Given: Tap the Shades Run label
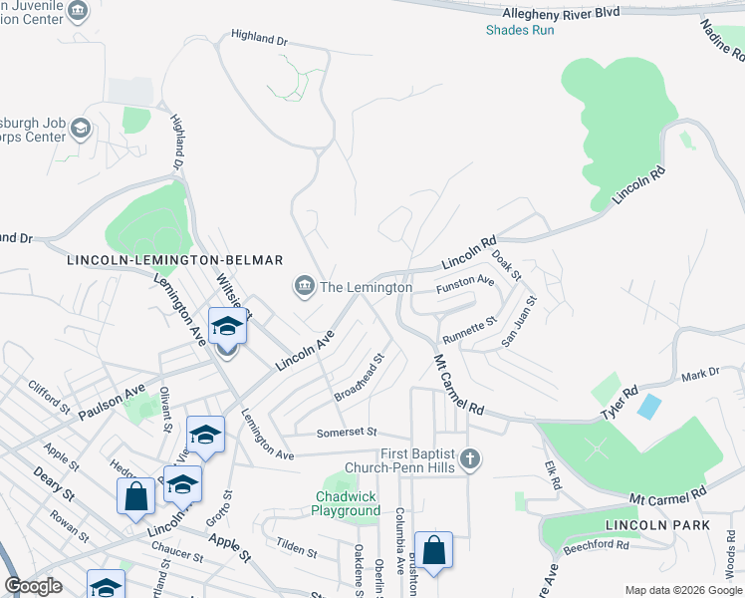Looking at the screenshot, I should click(520, 30).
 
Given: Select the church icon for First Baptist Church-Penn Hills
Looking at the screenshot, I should click(471, 459).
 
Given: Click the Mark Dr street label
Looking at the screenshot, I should click(700, 375).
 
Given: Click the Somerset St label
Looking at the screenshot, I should click(347, 433).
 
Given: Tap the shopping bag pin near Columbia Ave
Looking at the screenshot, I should click(433, 550).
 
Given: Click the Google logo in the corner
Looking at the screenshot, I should click(34, 586).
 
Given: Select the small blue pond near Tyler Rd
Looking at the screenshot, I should click(648, 406).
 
